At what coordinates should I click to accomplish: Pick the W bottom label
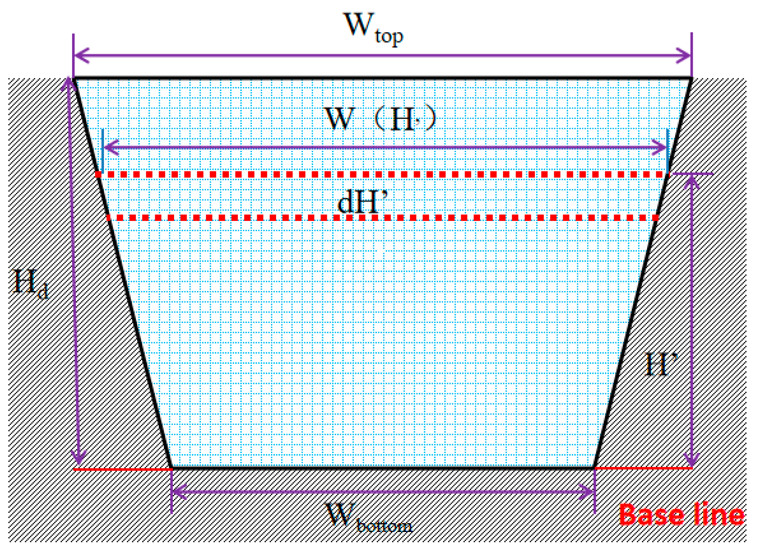click(368, 518)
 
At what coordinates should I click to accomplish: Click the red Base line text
click(681, 515)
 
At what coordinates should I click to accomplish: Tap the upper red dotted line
click(382, 174)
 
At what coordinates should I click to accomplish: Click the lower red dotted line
click(382, 218)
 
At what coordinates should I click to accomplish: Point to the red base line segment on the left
click(122, 469)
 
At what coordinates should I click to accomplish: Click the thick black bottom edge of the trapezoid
click(382, 468)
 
